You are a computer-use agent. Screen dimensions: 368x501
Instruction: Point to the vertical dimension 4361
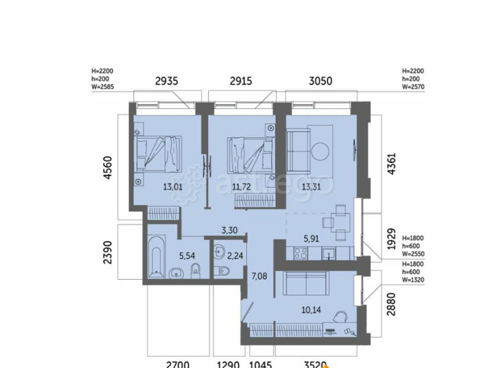tap(392, 164)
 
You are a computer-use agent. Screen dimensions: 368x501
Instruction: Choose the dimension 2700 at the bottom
tap(177, 364)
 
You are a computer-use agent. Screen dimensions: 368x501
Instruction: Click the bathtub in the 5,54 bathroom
tap(156, 257)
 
